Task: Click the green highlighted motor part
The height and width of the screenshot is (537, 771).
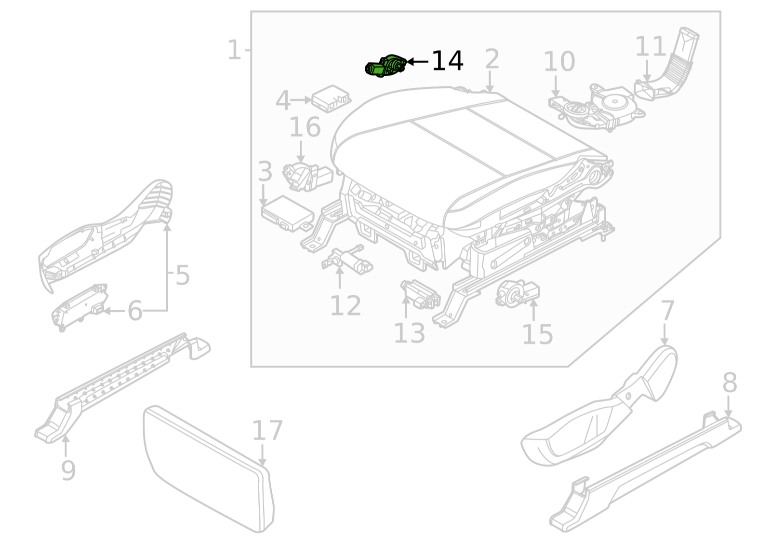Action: (385, 67)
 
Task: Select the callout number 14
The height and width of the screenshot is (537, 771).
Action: (447, 61)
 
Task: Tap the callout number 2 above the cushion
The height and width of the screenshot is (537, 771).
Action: (492, 59)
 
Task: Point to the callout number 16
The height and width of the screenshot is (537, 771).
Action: (305, 127)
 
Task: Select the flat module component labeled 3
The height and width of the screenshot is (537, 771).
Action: (287, 213)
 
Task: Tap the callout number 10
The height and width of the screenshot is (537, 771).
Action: (559, 62)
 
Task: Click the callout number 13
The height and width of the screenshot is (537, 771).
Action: (409, 333)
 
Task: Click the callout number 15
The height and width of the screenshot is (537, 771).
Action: (537, 334)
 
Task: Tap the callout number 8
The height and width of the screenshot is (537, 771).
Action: (730, 383)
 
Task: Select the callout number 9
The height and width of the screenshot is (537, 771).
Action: (68, 470)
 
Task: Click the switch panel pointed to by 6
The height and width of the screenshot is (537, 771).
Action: (80, 307)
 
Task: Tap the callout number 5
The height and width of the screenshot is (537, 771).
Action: (182, 275)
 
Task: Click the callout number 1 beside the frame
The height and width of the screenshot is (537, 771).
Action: (234, 50)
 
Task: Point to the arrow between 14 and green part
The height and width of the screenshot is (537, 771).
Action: (417, 61)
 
